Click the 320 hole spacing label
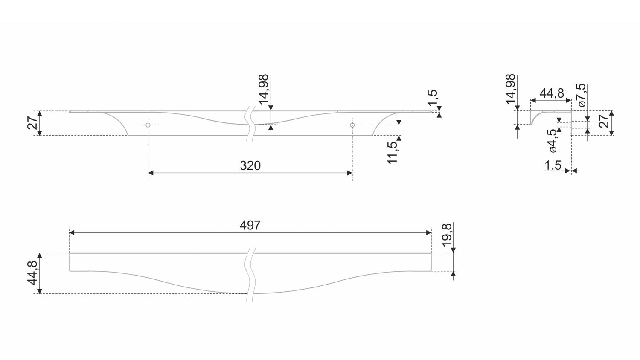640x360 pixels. coord(250,166)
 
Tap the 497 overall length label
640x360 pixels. coord(250,226)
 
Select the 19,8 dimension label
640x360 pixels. coord(447,235)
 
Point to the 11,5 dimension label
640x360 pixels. coord(393,153)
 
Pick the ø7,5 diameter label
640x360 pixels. coord(582,95)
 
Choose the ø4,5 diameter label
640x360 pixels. coord(553,141)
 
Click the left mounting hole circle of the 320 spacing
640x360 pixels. coord(148,125)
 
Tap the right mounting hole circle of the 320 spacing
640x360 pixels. coord(352,125)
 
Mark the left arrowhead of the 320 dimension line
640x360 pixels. coord(151,173)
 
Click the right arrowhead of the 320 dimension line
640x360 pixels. coord(349,173)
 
